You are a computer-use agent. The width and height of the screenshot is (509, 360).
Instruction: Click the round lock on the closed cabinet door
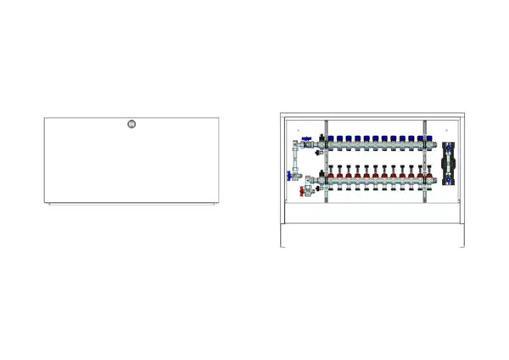tap(131, 125)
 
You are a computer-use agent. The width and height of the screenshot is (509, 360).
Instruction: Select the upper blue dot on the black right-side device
tap(449, 146)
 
